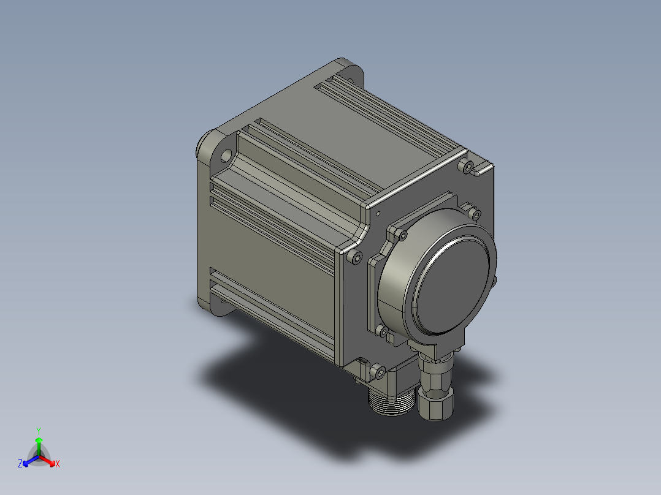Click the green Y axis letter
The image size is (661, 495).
39,431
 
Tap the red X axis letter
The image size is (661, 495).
58,464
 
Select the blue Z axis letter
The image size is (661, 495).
20,463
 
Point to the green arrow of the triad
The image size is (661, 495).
39,445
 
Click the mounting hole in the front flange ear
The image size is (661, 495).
226,156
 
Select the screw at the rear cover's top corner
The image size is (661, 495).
468,167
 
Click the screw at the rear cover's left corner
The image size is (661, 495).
356,257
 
